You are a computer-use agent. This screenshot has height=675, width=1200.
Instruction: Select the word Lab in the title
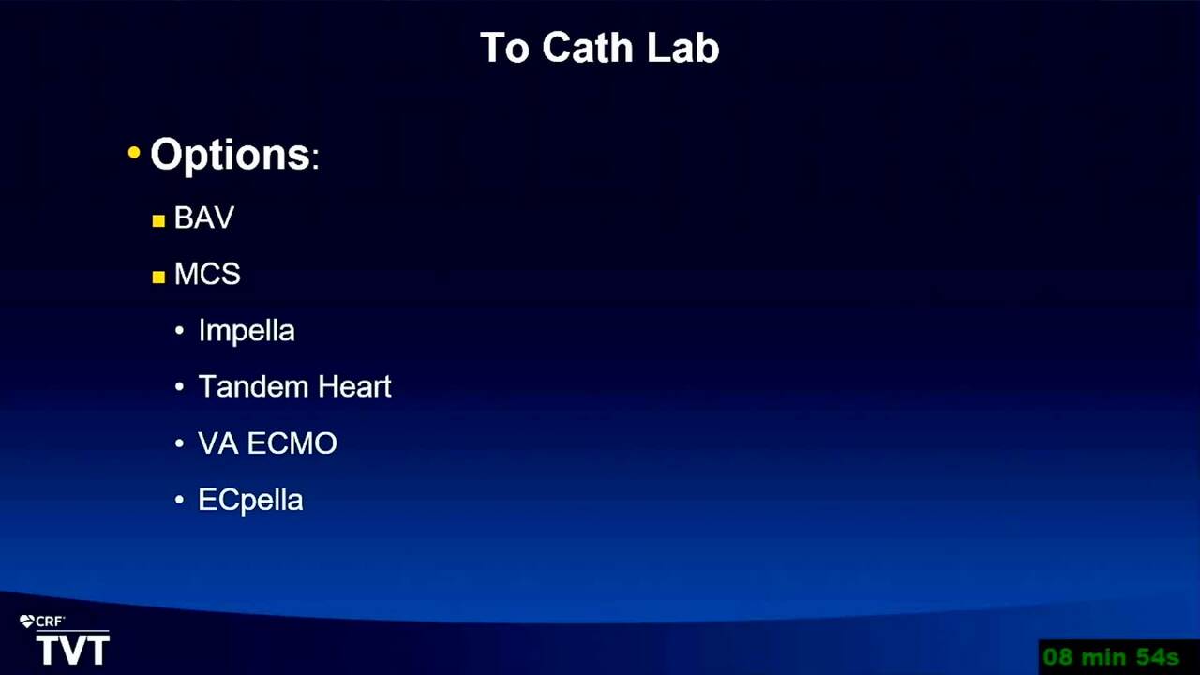(683, 48)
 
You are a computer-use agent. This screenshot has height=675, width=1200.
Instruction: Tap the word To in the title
(504, 48)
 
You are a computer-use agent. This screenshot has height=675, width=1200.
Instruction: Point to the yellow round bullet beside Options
(134, 153)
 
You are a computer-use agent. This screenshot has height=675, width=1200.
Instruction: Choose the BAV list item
(204, 217)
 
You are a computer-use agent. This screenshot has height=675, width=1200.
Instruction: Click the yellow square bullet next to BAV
(158, 220)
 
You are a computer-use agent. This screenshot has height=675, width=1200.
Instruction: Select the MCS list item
(207, 274)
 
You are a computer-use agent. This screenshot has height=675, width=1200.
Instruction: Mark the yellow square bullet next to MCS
(158, 277)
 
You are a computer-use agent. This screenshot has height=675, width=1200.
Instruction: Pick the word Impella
(247, 331)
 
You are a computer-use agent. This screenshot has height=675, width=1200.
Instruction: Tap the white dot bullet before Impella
(179, 331)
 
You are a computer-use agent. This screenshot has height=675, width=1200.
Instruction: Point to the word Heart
(354, 386)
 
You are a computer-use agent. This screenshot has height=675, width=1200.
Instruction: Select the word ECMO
(292, 443)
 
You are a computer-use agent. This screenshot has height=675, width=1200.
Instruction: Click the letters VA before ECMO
(218, 443)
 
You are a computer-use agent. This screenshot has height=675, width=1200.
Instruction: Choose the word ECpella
(250, 501)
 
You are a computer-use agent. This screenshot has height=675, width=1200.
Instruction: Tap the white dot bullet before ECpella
(179, 500)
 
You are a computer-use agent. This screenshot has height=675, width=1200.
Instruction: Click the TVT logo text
(73, 651)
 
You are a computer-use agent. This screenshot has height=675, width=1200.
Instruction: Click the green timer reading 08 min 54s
(1111, 657)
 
